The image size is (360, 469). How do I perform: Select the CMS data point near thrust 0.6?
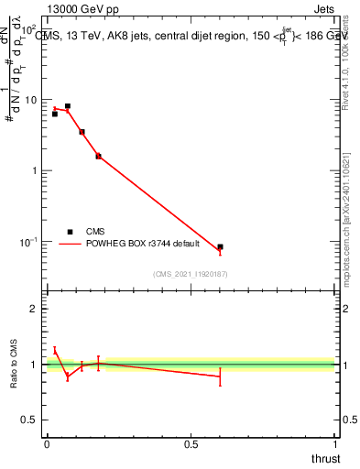coord(220,247)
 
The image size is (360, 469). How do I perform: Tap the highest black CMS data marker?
coord(68,106)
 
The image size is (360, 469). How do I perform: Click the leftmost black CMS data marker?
coord(55,115)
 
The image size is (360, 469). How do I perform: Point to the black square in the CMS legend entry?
coord(70,232)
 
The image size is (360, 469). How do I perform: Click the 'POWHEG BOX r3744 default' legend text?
coord(146,245)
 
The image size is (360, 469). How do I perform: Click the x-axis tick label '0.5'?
coord(191,445)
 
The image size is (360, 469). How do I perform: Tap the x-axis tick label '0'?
coord(47,445)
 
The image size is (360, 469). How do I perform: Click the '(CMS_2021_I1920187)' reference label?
coord(190,273)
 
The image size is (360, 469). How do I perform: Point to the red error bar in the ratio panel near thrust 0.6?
coord(220,376)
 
